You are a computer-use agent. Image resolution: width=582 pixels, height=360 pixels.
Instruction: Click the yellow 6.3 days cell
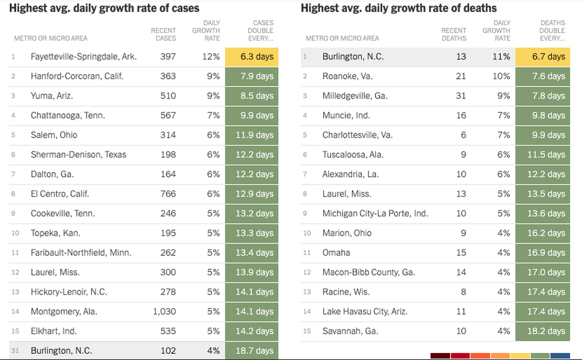[252, 57]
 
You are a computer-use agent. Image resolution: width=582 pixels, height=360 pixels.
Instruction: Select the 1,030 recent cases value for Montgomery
[164, 311]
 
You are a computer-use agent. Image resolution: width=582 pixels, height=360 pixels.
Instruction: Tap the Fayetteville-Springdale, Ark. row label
[83, 57]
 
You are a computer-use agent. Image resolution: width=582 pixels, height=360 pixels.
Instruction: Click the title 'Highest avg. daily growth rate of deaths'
[398, 8]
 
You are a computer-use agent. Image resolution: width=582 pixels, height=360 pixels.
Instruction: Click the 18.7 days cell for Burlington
[252, 351]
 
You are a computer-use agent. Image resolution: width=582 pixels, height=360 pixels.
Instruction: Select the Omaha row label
[336, 253]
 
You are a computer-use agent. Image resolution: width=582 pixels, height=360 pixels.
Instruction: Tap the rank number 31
[15, 351]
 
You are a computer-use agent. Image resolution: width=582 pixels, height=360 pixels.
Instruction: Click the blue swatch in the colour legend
[560, 355]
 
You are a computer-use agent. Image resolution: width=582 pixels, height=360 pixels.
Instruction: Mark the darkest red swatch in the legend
[440, 355]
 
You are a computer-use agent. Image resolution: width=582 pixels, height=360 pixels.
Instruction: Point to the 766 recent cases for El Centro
[168, 194]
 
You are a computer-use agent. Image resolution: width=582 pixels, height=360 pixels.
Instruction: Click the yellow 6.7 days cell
[543, 57]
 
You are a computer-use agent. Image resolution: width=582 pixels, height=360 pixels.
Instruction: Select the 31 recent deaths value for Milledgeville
[461, 96]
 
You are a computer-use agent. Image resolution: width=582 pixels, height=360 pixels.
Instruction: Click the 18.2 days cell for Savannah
[543, 331]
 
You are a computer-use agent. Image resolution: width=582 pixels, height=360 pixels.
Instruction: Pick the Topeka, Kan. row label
[56, 233]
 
